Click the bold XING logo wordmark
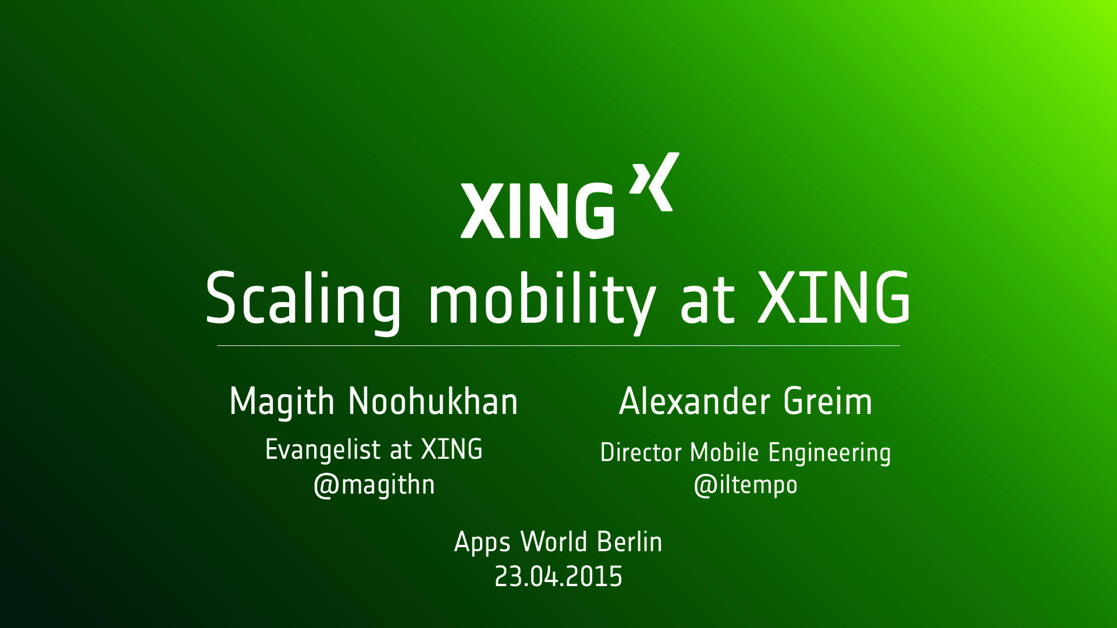tap(538, 210)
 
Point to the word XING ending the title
tap(834, 298)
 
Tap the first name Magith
tap(282, 402)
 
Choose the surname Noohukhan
tap(433, 401)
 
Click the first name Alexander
tap(695, 401)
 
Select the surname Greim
tap(828, 401)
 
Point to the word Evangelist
tap(323, 450)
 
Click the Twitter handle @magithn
tap(374, 485)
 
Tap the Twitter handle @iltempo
tap(746, 485)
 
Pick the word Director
tap(641, 452)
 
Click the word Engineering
tap(830, 453)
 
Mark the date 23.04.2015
tap(558, 577)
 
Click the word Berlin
tap(629, 542)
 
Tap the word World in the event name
tap(554, 542)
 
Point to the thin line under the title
tap(558, 345)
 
